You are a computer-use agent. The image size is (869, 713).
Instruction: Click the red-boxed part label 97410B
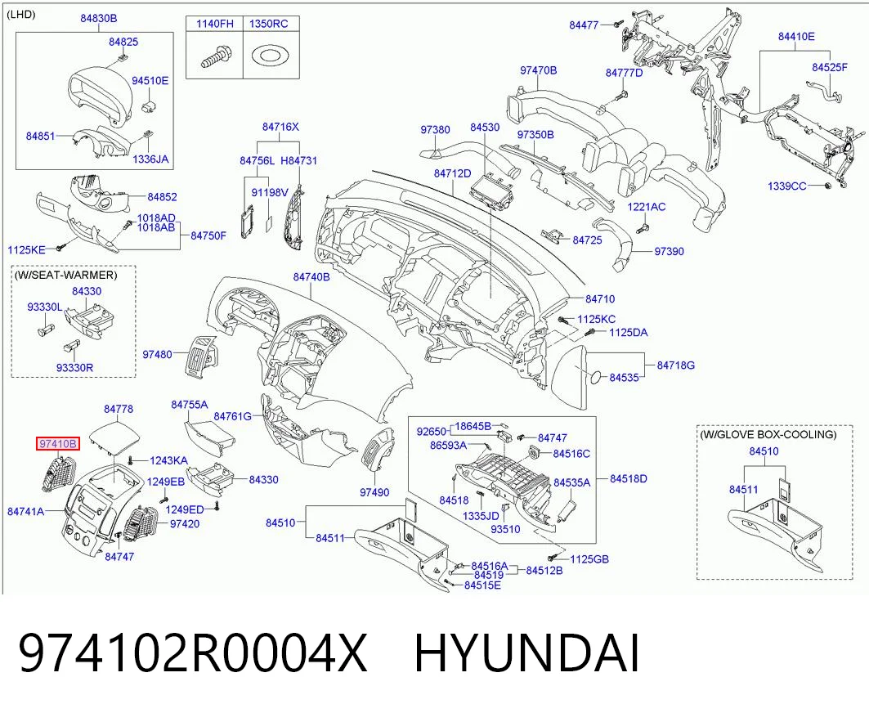pyautogui.click(x=58, y=443)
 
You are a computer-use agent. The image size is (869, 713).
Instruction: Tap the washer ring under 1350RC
pyautogui.click(x=269, y=56)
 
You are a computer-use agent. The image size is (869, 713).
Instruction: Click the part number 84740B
pyautogui.click(x=311, y=276)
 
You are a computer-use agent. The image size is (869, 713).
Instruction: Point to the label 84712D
pyautogui.click(x=452, y=173)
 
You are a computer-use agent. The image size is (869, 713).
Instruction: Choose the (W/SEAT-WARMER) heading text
pyautogui.click(x=66, y=275)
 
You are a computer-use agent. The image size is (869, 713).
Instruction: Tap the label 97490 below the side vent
pyautogui.click(x=374, y=491)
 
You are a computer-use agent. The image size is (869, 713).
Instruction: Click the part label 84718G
pyautogui.click(x=676, y=365)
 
